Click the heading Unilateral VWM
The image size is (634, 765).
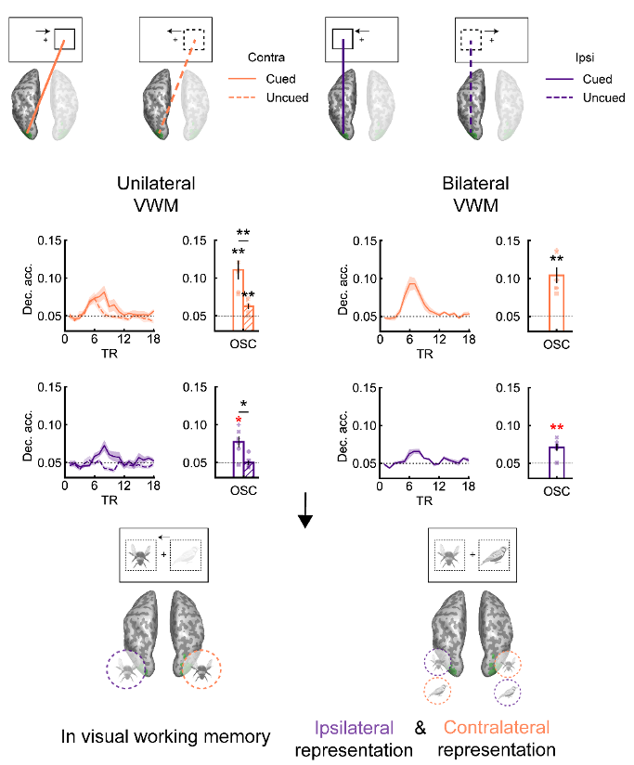pyautogui.click(x=156, y=194)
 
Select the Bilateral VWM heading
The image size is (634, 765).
pyautogui.click(x=475, y=194)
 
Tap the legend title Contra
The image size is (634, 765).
pyautogui.click(x=266, y=58)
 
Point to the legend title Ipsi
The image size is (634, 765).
pyautogui.click(x=585, y=58)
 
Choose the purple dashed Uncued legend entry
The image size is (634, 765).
pyautogui.click(x=586, y=97)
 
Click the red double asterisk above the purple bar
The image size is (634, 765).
pyautogui.click(x=556, y=428)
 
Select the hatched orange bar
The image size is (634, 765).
pyautogui.click(x=249, y=318)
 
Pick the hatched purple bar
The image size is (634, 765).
pyautogui.click(x=249, y=470)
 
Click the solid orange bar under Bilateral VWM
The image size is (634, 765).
pyautogui.click(x=556, y=303)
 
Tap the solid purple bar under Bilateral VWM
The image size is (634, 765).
pyautogui.click(x=556, y=462)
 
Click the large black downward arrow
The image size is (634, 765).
pyautogui.click(x=305, y=511)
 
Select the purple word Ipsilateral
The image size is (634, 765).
pyautogui.click(x=354, y=728)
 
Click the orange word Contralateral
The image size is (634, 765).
pyautogui.click(x=497, y=728)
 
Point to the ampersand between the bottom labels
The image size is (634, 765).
pyautogui.click(x=420, y=728)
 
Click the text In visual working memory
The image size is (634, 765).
pyautogui.click(x=165, y=737)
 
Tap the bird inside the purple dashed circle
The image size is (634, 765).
pyautogui.click(x=508, y=692)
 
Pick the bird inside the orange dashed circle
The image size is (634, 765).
pyautogui.click(x=437, y=691)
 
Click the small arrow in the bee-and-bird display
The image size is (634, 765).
pyautogui.click(x=164, y=538)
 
